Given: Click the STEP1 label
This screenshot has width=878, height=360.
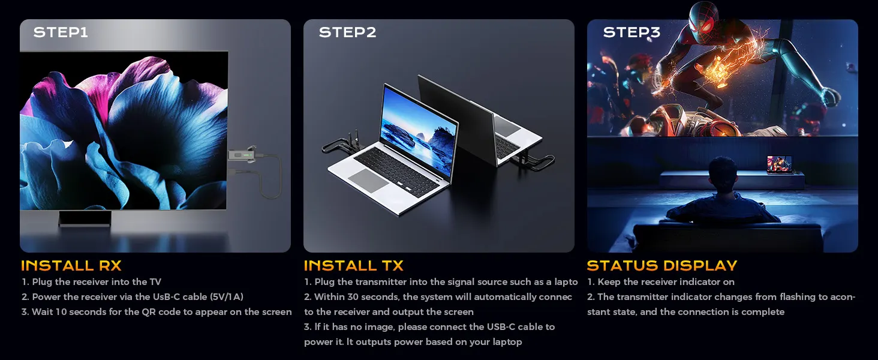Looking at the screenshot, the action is pos(61,32).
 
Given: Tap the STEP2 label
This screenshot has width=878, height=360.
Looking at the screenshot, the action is pos(347,32).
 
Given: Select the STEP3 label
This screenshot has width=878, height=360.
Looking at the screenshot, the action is pos(632,32).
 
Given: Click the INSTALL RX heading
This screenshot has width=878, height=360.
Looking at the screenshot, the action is pos(71,265).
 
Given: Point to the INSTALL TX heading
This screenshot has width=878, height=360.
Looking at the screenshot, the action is pos(354,265).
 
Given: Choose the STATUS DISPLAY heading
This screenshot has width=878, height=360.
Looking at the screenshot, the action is pos(662,265).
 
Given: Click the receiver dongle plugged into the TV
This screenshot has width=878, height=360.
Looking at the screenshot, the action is pos(243,155).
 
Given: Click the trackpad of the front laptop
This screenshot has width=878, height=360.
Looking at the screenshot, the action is pos(368,181).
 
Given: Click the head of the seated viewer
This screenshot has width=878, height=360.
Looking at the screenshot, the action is pos(723,173).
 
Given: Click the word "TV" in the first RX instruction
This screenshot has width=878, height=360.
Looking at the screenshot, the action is pos(155,282).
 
